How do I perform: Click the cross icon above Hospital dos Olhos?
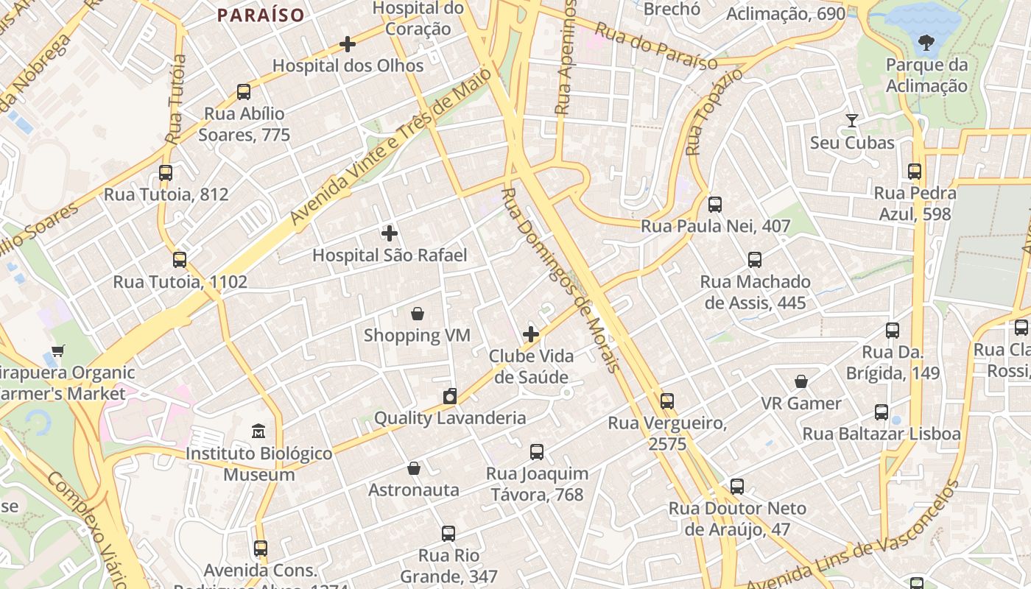tap(348, 45)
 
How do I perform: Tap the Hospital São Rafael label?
tap(390, 255)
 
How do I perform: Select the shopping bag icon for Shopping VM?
tap(418, 314)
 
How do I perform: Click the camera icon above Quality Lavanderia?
tap(450, 397)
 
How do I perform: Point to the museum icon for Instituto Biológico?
tap(258, 431)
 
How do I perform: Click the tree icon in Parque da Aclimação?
tap(926, 43)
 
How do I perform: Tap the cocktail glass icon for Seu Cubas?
tap(852, 120)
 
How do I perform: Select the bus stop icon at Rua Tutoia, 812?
tap(166, 173)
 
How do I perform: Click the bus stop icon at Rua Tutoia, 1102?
tap(180, 260)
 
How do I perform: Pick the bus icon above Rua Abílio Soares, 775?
tap(244, 92)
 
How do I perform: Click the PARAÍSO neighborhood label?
tap(261, 15)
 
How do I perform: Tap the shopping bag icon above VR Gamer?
tap(801, 381)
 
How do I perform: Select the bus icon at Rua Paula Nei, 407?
tap(715, 205)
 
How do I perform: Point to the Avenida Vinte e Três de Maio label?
tap(390, 147)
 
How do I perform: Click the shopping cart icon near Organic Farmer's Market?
tap(58, 350)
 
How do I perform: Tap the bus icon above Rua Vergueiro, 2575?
tap(667, 401)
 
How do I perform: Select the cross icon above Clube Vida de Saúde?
tap(531, 334)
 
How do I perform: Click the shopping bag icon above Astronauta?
tap(414, 468)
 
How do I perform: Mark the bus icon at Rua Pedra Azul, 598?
tap(915, 172)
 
